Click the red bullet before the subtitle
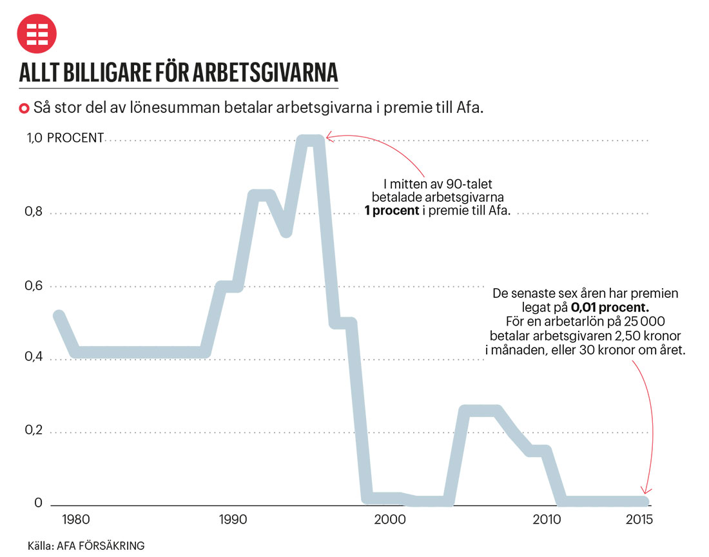pyautogui.click(x=24, y=108)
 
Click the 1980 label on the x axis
pyautogui.click(x=77, y=520)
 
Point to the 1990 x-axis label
pyautogui.click(x=233, y=520)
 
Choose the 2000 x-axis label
pyautogui.click(x=389, y=520)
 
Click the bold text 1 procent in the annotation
pyautogui.click(x=391, y=211)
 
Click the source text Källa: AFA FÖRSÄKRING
pyautogui.click(x=86, y=545)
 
